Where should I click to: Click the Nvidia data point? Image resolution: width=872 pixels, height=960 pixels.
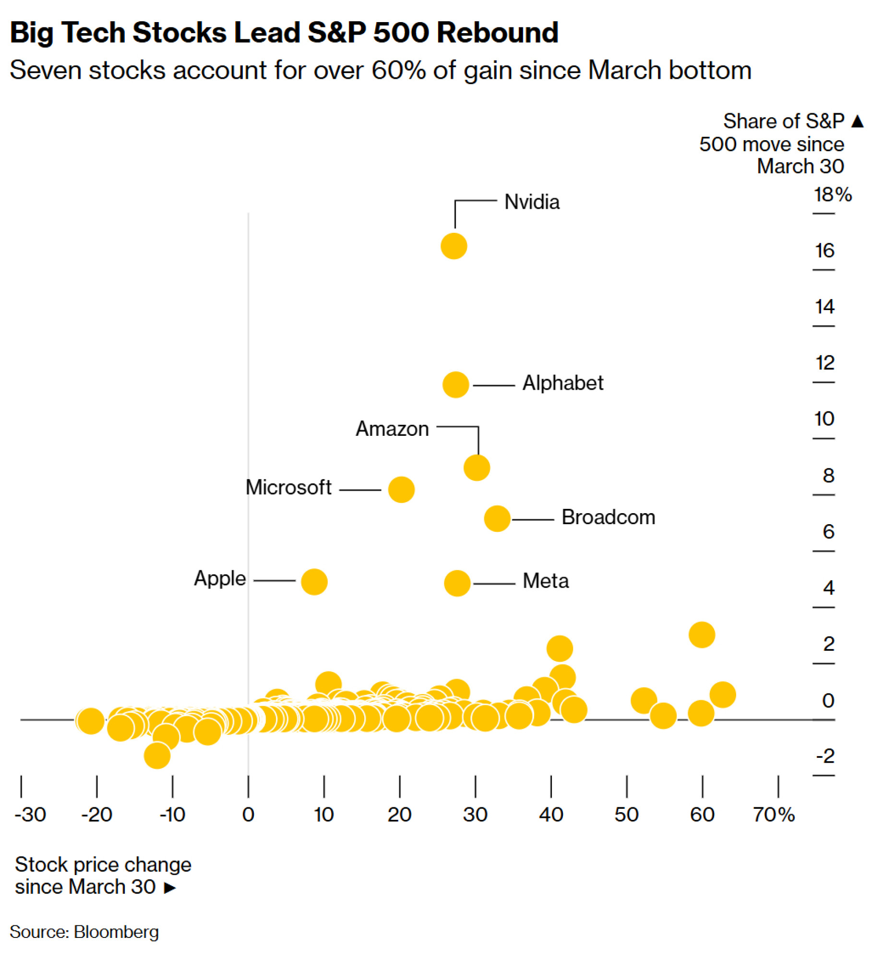[454, 246]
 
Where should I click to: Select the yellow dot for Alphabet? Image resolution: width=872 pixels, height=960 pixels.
[455, 384]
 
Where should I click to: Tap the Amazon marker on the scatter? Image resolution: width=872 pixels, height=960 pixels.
[477, 468]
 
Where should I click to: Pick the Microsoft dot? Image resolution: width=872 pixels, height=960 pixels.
[401, 490]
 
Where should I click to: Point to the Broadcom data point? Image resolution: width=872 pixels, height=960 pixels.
[497, 518]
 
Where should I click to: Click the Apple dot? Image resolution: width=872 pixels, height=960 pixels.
[314, 582]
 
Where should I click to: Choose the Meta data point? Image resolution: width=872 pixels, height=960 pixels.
[457, 583]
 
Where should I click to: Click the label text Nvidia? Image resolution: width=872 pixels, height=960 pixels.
[532, 202]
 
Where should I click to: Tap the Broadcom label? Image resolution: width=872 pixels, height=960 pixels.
[608, 517]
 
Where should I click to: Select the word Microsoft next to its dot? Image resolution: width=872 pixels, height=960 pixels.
[288, 488]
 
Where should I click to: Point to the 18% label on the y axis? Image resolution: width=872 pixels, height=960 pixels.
[832, 195]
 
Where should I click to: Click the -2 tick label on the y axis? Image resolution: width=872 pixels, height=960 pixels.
[825, 756]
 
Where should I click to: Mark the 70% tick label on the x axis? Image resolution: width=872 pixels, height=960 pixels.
[774, 815]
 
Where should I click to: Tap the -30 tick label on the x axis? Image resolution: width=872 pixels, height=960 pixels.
[30, 815]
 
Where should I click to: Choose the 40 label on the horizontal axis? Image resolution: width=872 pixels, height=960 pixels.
[551, 815]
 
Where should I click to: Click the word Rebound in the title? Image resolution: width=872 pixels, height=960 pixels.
[497, 33]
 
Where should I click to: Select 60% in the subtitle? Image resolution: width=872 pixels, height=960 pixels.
[398, 70]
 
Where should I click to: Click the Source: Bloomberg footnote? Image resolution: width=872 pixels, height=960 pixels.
[84, 932]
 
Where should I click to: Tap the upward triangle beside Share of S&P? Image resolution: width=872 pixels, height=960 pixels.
[858, 121]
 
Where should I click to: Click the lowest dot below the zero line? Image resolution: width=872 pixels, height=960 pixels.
[157, 756]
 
